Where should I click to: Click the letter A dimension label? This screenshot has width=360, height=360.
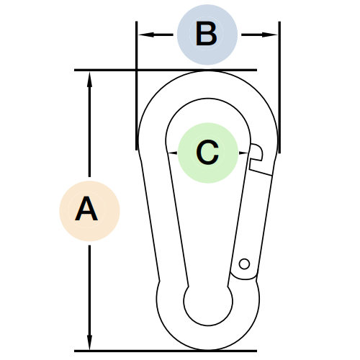pos(86,209)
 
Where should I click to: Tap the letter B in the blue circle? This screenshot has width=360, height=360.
pos(207,34)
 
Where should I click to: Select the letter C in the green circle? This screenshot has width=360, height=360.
pos(207,153)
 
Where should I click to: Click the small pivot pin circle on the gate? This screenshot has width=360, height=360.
pos(244,264)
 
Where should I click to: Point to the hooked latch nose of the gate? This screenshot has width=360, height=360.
pos(256,152)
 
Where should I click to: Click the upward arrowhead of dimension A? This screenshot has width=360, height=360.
pos(89,79)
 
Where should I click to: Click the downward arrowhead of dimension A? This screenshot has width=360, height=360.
pos(89,342)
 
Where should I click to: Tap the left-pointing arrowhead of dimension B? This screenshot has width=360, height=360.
pos(146,35)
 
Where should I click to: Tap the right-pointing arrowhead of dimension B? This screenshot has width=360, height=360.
pos(269,35)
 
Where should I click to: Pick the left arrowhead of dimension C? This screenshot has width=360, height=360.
pos(172,153)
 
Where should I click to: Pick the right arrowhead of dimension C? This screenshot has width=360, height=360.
pos(243,153)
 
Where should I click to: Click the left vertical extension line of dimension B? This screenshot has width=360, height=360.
pos(137,86)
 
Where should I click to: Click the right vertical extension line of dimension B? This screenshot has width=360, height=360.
pos(279,87)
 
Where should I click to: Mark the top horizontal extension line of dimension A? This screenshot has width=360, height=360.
pos(166,70)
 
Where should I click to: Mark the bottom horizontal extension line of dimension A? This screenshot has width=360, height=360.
pos(166,351)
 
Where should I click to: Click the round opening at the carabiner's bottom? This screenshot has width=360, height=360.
pos(208,303)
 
